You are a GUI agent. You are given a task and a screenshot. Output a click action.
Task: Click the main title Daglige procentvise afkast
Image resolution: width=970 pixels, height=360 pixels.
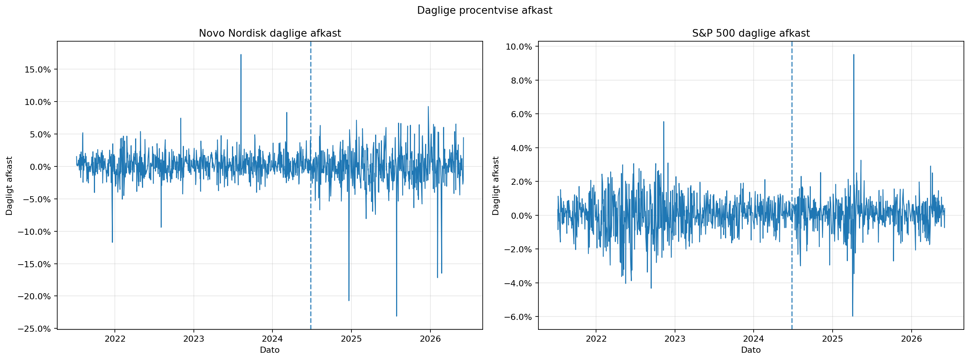tap(485, 11)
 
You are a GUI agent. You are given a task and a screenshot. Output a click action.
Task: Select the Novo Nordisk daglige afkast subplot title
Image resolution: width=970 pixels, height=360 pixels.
tap(270, 34)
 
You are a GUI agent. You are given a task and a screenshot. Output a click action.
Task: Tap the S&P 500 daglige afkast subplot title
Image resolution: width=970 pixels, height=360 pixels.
tap(751, 34)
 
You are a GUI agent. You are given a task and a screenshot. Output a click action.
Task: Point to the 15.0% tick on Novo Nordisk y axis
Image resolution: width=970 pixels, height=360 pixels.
tap(37, 69)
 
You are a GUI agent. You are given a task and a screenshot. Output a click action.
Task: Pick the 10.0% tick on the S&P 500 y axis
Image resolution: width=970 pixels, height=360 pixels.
tap(519, 47)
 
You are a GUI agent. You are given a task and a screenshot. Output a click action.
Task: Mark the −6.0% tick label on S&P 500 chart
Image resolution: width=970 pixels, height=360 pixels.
tap(518, 317)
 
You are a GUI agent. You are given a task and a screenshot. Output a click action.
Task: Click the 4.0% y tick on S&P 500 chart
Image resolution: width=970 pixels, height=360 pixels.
tap(521, 148)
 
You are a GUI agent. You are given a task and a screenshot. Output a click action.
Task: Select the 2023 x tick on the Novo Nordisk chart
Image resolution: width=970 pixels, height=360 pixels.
tap(193, 339)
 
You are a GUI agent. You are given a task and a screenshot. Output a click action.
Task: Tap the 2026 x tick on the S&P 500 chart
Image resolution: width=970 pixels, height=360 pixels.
tap(911, 339)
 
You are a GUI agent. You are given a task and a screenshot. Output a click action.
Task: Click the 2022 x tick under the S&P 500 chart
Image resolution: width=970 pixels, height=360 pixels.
tap(596, 339)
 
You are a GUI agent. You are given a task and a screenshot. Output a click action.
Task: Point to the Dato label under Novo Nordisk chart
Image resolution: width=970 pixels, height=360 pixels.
tap(270, 350)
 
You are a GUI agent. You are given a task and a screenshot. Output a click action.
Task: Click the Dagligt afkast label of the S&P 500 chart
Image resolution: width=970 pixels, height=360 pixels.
tap(496, 186)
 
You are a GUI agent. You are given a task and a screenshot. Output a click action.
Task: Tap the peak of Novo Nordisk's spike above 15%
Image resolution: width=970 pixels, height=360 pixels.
tap(241, 55)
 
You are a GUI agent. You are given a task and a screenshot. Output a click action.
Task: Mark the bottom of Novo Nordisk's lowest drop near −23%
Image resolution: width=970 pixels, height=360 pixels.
tap(396, 316)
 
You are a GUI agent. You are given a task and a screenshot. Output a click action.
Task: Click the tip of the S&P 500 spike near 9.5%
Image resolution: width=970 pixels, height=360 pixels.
tap(854, 55)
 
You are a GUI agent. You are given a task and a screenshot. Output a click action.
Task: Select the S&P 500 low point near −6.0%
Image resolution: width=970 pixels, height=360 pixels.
tap(852, 316)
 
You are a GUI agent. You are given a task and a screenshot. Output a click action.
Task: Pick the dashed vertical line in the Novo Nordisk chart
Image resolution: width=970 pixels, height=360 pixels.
tap(311, 185)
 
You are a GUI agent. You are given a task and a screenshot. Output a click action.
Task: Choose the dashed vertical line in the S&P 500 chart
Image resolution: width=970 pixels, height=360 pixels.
tap(792, 185)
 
